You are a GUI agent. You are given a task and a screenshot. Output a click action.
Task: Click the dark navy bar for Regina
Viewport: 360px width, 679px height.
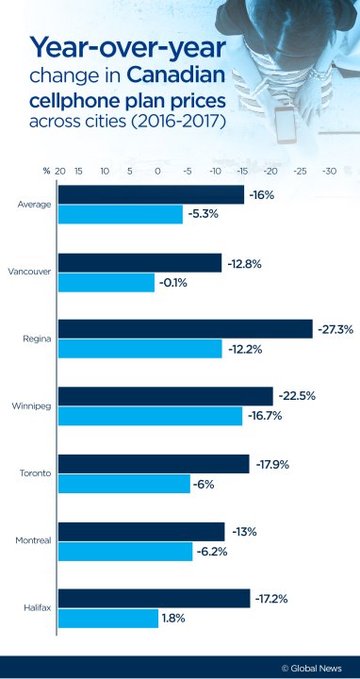click(x=185, y=328)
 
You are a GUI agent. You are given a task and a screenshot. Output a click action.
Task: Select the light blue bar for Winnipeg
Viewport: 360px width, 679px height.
click(x=150, y=416)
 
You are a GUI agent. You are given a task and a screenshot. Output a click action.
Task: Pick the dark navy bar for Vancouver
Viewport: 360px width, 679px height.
click(x=139, y=262)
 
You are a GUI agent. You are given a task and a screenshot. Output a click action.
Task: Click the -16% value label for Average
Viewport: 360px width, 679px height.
click(x=262, y=194)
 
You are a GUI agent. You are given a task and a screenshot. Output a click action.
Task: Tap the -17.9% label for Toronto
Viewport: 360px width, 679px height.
click(x=271, y=463)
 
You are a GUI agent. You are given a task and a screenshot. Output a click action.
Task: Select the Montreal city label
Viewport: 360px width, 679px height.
click(x=34, y=540)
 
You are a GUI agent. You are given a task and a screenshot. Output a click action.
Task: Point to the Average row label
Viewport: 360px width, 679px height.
click(x=35, y=204)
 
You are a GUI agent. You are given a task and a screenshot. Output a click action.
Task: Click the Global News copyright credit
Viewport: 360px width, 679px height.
click(x=313, y=668)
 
